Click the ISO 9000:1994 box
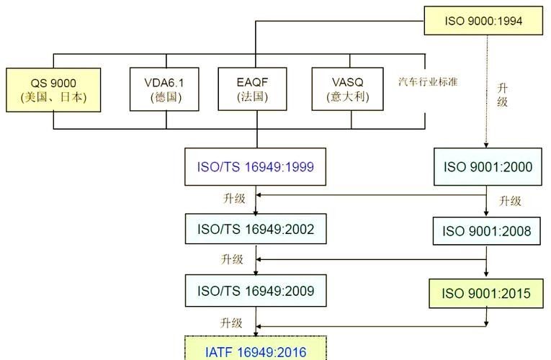pos(483,20)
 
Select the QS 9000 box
pos(53,90)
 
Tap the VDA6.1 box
pos(164,89)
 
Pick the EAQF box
pos(252,89)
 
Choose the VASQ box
pos(348,89)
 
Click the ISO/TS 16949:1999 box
pos(255,166)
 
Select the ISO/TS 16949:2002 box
pos(256,229)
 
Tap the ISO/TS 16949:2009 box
pos(256,290)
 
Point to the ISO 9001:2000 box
pos(488,166)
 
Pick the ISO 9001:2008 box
pos(486,230)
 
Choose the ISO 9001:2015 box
pos(486,293)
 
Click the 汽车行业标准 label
pos(428,82)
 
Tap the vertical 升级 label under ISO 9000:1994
pos(502,95)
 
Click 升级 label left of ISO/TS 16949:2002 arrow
pos(234,199)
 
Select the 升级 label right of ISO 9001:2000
pos(510,201)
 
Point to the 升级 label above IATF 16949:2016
pos(231,323)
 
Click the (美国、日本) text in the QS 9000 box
pos(53,97)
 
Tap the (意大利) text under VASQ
pos(348,96)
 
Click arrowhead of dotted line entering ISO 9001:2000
pos(486,145)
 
